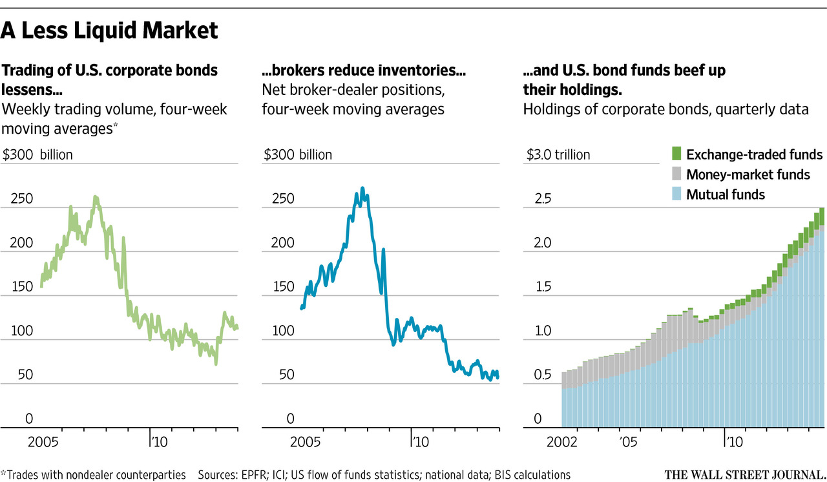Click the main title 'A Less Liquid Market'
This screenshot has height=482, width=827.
[110, 30]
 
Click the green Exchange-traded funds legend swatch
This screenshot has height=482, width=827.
[676, 154]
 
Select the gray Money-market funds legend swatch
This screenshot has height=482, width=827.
[676, 174]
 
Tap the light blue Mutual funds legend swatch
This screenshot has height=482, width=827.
[676, 194]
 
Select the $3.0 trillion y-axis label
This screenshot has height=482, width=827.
[559, 155]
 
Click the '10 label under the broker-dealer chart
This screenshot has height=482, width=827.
[421, 443]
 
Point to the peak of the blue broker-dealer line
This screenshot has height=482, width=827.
[362, 189]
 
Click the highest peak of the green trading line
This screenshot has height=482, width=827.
[95, 196]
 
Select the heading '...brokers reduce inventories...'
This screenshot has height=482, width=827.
[364, 70]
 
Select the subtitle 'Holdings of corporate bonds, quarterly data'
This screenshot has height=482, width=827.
[665, 109]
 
